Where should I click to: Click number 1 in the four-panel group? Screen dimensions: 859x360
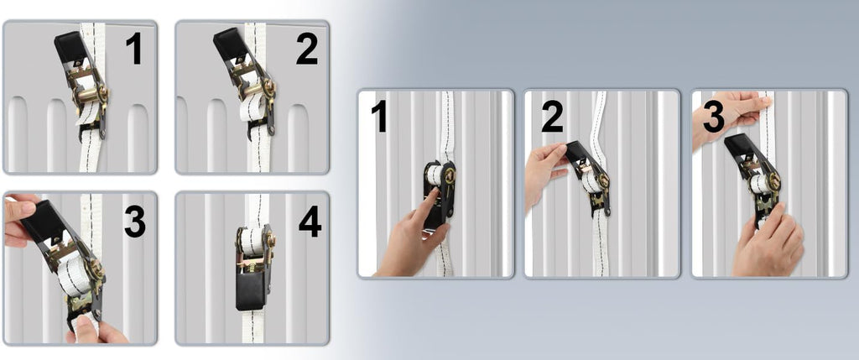click(133, 48)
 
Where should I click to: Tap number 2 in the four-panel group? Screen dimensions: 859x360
click(307, 50)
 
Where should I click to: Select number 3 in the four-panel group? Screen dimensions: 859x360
click(135, 222)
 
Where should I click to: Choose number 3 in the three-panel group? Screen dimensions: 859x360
click(715, 118)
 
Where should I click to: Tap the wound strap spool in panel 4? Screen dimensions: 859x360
click(252, 241)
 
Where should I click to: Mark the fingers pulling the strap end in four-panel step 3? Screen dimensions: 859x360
click(94, 330)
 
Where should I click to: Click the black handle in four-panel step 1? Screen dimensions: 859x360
click(70, 48)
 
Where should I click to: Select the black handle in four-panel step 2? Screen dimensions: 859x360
click(230, 45)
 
